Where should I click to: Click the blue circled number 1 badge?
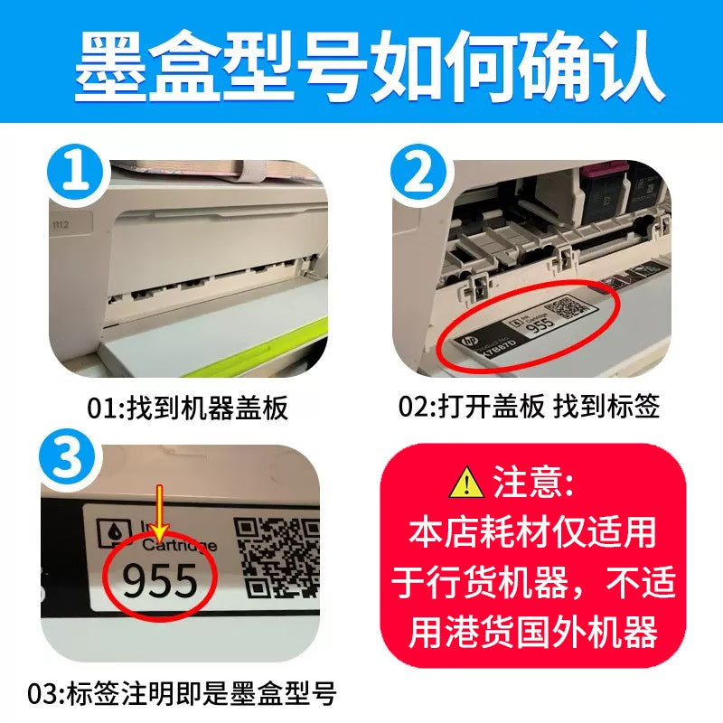pyautogui.click(x=79, y=175)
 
